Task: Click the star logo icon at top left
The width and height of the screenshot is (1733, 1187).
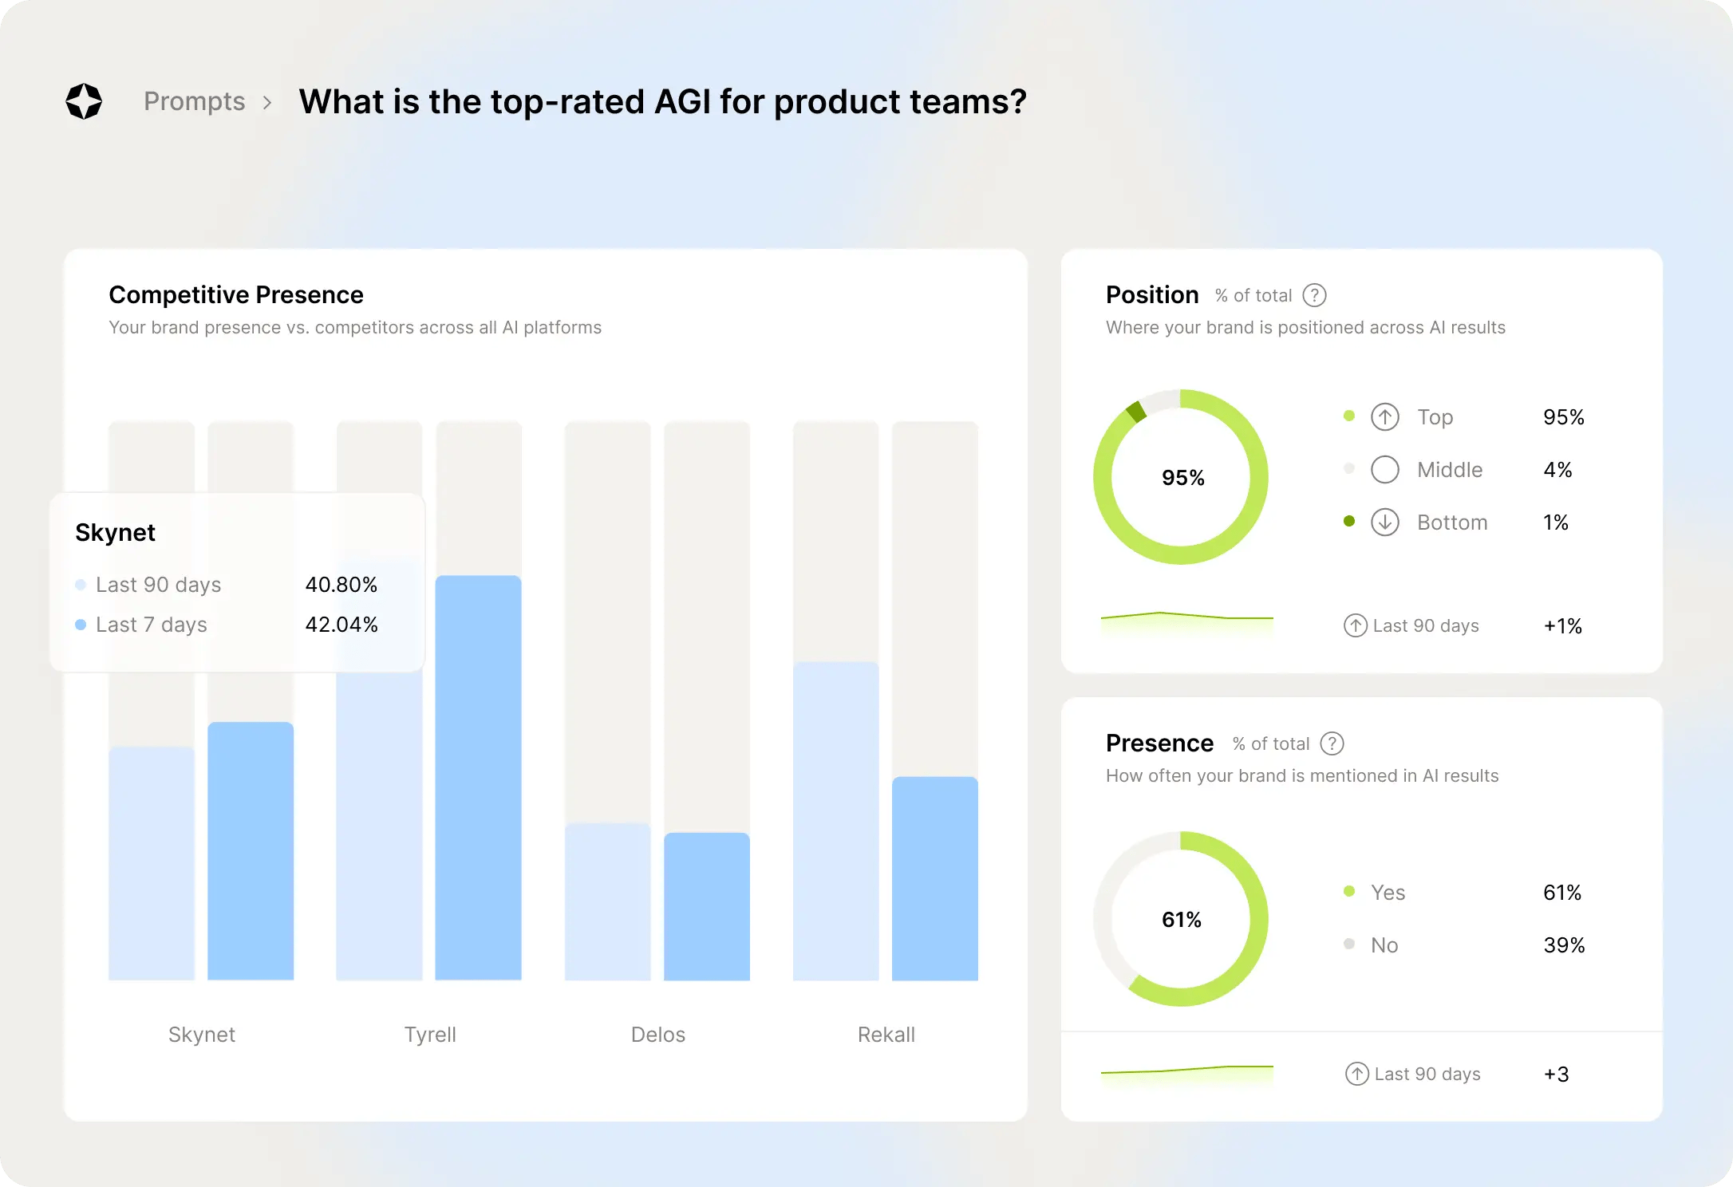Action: (x=84, y=101)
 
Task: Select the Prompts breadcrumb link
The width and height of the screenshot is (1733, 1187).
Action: (x=194, y=101)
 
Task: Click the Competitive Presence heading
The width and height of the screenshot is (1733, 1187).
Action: (x=235, y=294)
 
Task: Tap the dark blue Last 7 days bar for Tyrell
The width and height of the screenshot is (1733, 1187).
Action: (x=478, y=778)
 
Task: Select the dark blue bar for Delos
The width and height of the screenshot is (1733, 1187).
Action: (x=706, y=906)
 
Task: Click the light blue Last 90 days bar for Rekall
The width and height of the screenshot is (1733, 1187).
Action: (x=835, y=822)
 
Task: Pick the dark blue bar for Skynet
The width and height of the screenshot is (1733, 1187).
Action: (x=251, y=850)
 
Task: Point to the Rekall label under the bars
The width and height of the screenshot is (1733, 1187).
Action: (x=886, y=1035)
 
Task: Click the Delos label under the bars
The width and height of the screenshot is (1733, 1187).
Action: (x=657, y=1035)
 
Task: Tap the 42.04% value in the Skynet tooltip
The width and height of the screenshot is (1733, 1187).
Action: (x=341, y=625)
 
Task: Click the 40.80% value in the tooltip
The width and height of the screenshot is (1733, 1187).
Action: (x=341, y=585)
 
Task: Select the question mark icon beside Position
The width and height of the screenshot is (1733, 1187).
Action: (x=1314, y=295)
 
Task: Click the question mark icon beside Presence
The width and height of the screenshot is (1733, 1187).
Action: (x=1332, y=743)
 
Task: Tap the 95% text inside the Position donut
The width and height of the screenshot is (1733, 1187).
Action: (x=1182, y=478)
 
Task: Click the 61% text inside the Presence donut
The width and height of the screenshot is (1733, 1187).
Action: (x=1181, y=920)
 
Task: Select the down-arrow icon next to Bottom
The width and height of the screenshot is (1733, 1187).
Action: (x=1384, y=523)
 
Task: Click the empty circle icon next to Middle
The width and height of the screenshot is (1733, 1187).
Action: (x=1384, y=470)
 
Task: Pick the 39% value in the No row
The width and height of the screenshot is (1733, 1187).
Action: (x=1563, y=945)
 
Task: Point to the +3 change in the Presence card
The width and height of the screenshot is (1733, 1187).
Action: (x=1556, y=1075)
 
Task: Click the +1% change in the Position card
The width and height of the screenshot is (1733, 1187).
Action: (x=1562, y=626)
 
